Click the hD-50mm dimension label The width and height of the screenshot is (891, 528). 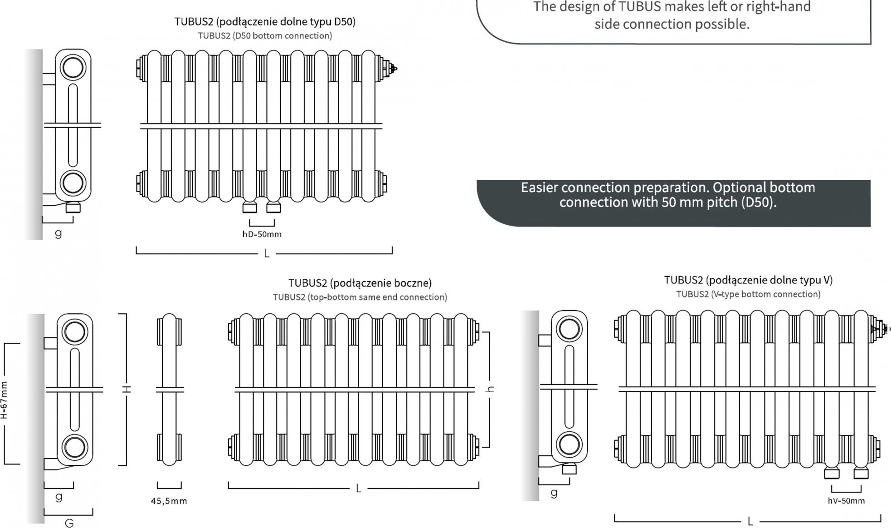(x=262, y=234)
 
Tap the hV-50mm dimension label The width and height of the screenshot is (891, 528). (x=846, y=501)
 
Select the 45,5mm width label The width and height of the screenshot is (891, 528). (x=169, y=501)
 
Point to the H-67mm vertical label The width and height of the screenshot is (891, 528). (x=4, y=400)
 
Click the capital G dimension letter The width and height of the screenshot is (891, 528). (x=69, y=523)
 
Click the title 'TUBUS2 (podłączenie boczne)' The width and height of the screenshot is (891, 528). (x=360, y=283)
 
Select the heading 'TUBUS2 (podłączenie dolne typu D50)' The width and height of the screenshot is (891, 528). (x=265, y=21)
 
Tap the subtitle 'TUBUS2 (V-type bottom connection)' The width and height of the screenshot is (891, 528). (x=748, y=294)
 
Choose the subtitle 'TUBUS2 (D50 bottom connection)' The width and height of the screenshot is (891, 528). (x=265, y=35)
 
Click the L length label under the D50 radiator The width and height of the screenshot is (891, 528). (x=267, y=253)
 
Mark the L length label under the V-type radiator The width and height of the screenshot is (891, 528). (x=750, y=522)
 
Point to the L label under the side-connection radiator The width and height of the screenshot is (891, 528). (x=359, y=489)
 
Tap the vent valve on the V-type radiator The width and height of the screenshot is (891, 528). (x=882, y=328)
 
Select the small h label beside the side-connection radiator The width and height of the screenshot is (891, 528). (x=490, y=389)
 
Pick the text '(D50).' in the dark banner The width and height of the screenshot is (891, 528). (x=759, y=202)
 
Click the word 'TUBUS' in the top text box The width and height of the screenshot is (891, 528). (x=640, y=7)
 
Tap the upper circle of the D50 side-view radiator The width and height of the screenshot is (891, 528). (x=73, y=68)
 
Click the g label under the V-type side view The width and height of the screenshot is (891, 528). (x=554, y=493)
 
